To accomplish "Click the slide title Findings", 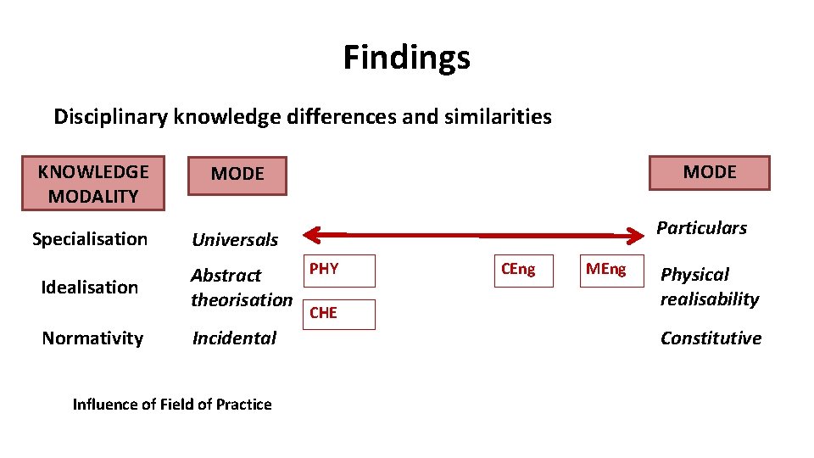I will coord(406,58).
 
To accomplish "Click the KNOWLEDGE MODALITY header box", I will coord(93,184).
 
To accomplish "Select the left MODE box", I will coord(237,175).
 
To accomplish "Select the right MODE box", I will coord(709,172).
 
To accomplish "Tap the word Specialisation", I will coord(90,239).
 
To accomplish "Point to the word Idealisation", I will coord(90,288).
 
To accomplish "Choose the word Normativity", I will coord(92,338).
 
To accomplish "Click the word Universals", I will coord(235,240).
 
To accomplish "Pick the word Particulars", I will coord(701,228).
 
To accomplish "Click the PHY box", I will coord(338,271).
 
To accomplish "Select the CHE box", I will coord(338,314).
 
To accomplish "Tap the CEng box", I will coord(524,271).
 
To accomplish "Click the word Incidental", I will coord(234,338).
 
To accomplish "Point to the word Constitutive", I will coord(711,338).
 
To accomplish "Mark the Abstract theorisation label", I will coord(241,288).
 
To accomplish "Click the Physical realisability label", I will coord(709,287).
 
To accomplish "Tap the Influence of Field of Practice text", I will coord(172,405).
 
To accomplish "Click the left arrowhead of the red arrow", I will coord(311,233).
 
